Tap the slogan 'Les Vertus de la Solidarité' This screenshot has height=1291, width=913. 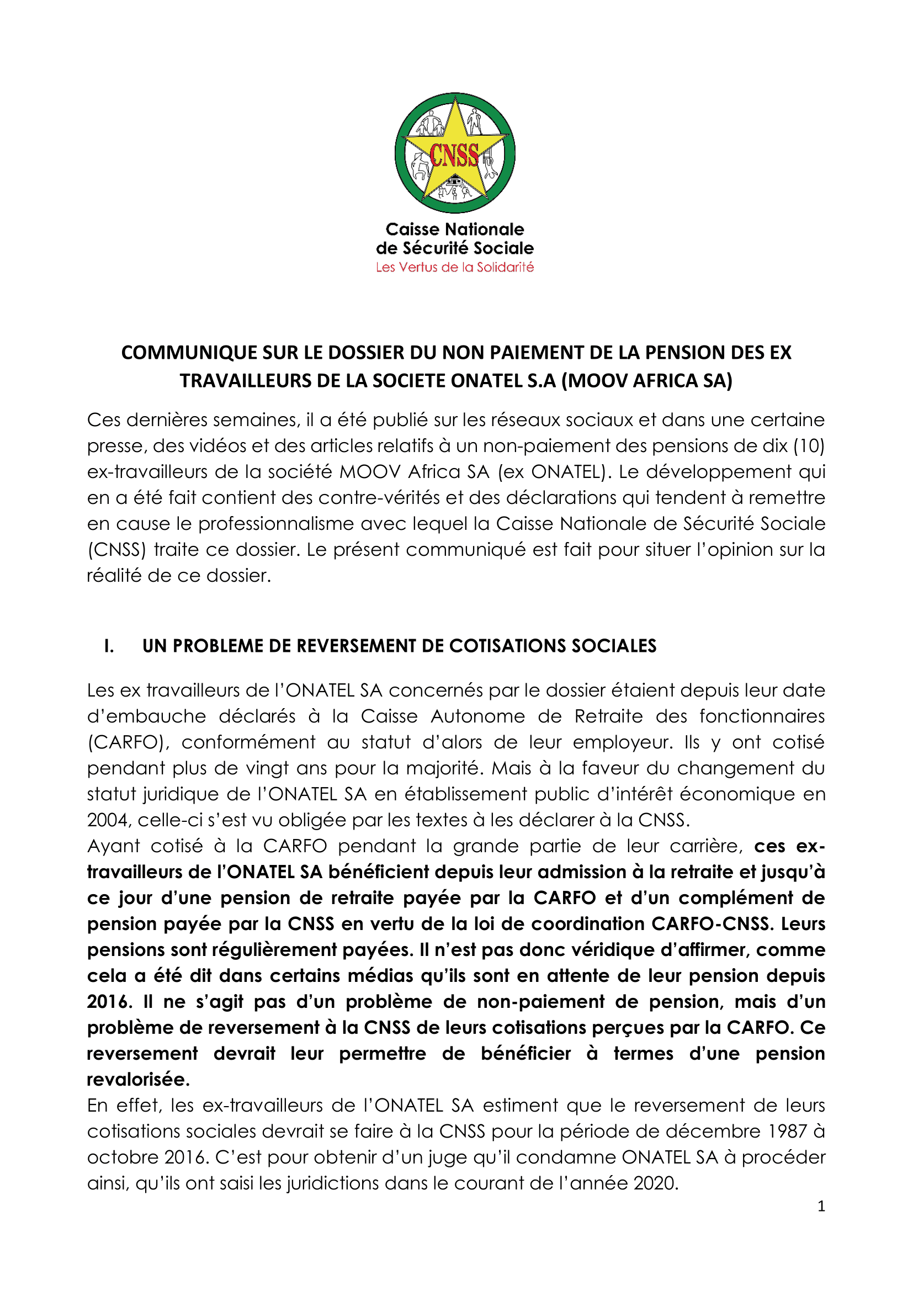pos(454,268)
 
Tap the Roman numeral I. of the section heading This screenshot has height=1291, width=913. pos(109,646)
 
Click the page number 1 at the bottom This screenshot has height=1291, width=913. pos(821,1206)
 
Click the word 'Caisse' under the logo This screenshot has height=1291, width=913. pos(413,230)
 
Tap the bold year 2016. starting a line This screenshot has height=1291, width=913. pos(110,1002)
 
